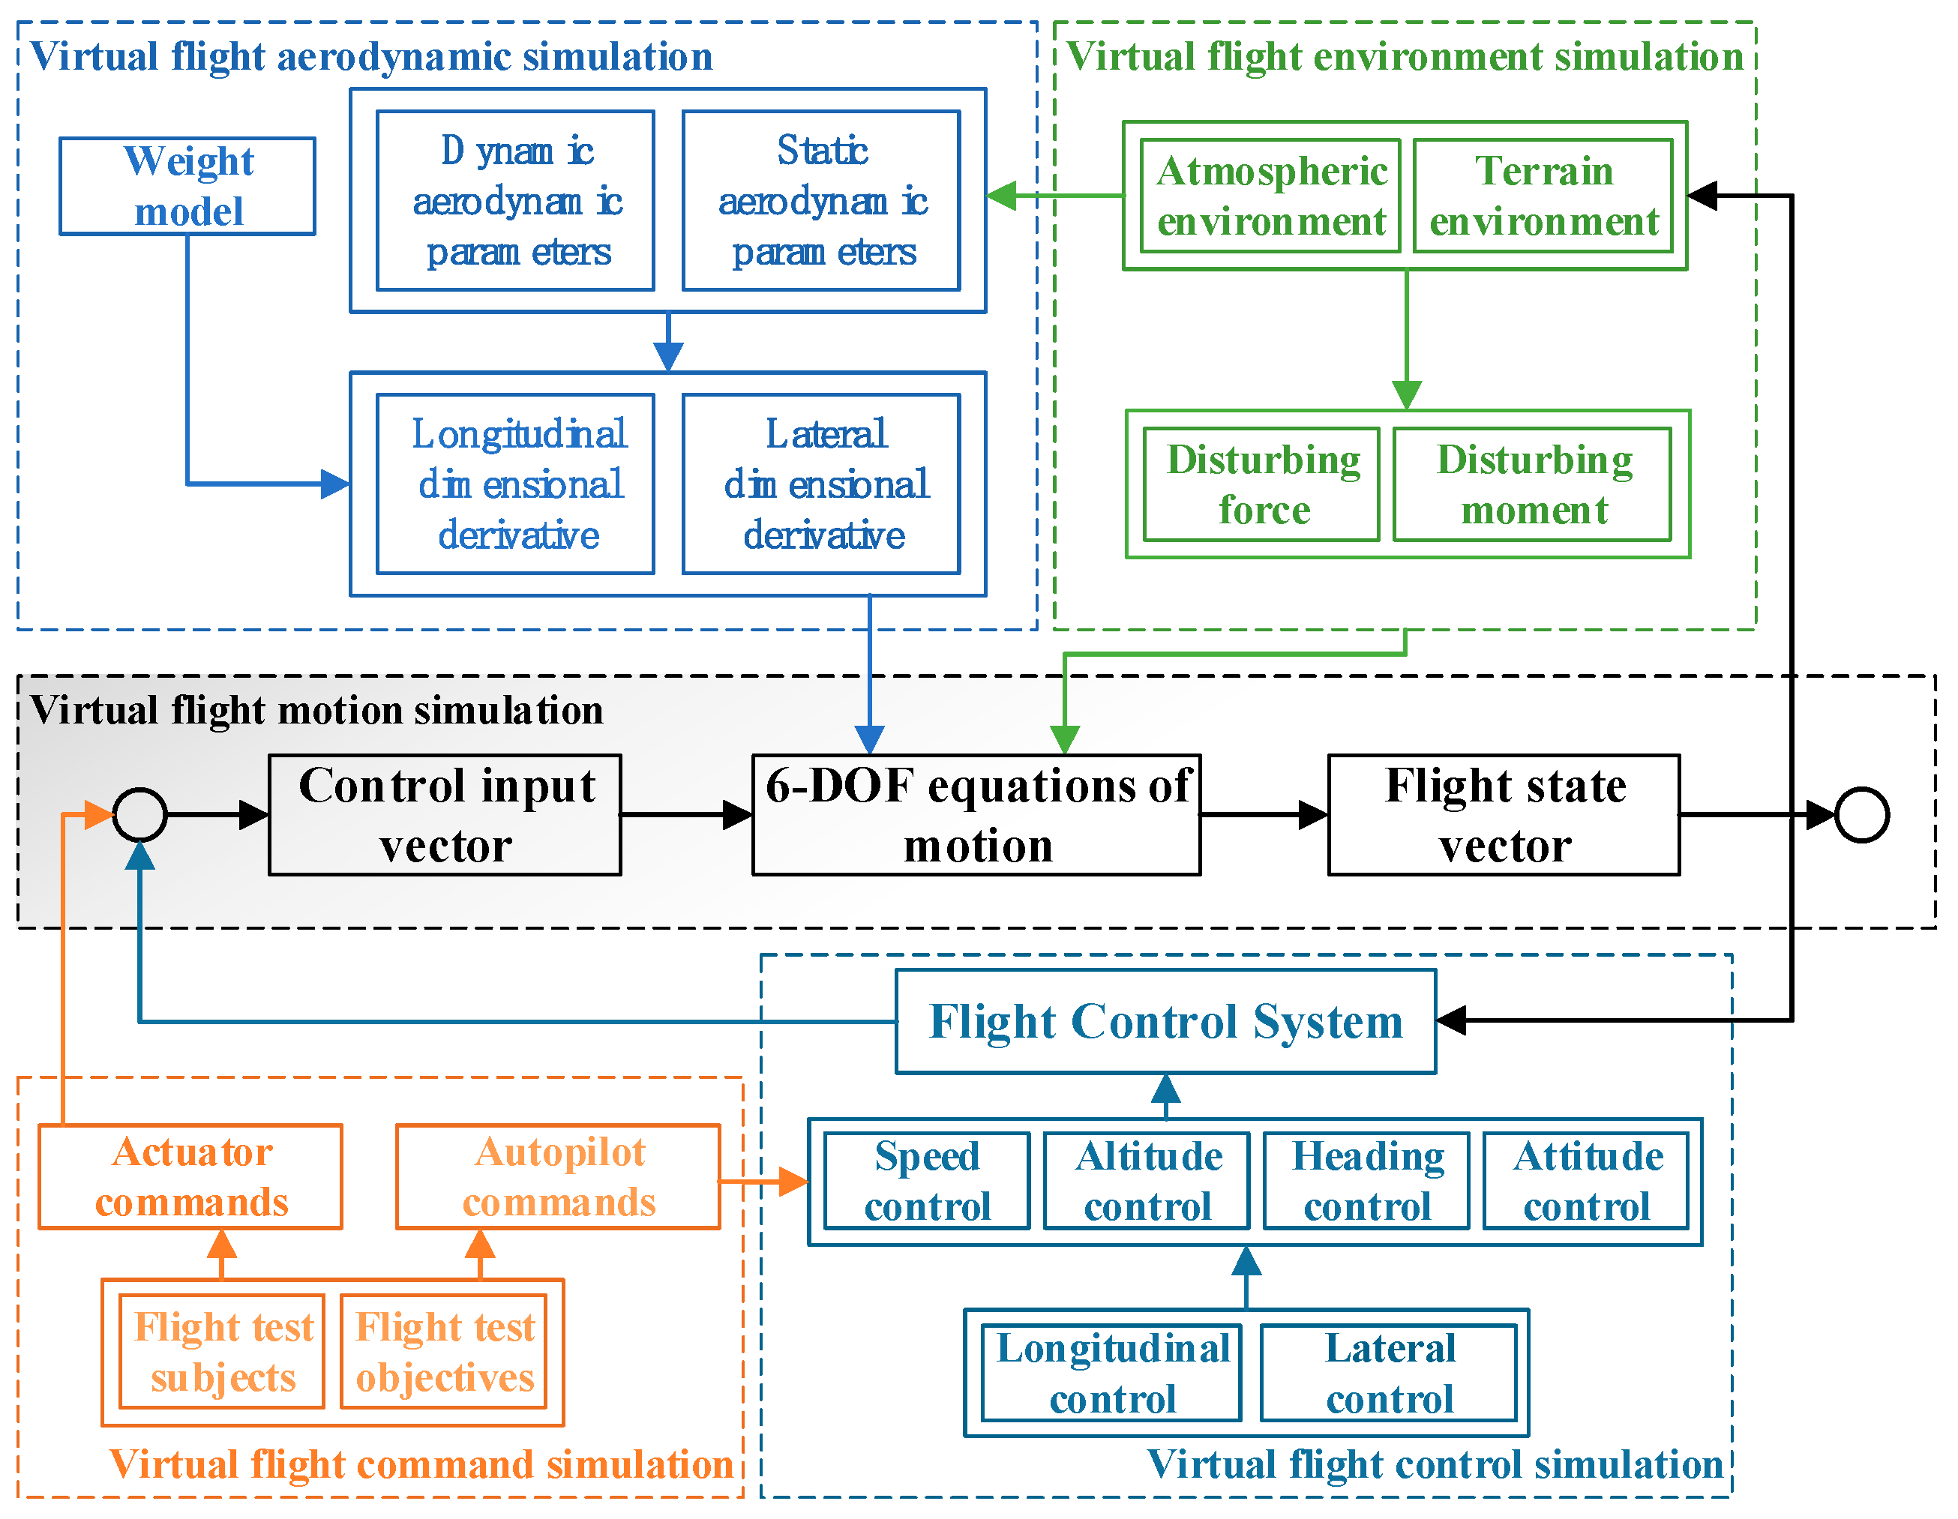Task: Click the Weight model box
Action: click(x=187, y=187)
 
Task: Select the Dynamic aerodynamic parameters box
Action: click(x=515, y=201)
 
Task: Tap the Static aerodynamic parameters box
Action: click(x=821, y=201)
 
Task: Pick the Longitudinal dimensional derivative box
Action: click(x=515, y=484)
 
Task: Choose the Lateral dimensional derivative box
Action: click(x=821, y=484)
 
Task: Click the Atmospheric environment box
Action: click(x=1270, y=196)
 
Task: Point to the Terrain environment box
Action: click(x=1543, y=196)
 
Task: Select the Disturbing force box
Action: click(x=1261, y=484)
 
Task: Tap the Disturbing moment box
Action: click(x=1532, y=484)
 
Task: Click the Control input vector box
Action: click(x=445, y=815)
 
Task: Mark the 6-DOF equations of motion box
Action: click(x=976, y=815)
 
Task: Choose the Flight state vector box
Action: click(x=1504, y=815)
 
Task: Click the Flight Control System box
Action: click(x=1165, y=1022)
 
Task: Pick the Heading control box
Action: click(x=1366, y=1181)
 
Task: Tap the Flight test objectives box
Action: click(x=445, y=1351)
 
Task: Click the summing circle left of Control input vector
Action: click(x=139, y=815)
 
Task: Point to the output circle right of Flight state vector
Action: click(x=1862, y=815)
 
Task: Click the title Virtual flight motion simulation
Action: click(x=316, y=710)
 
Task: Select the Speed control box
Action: click(x=927, y=1181)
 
